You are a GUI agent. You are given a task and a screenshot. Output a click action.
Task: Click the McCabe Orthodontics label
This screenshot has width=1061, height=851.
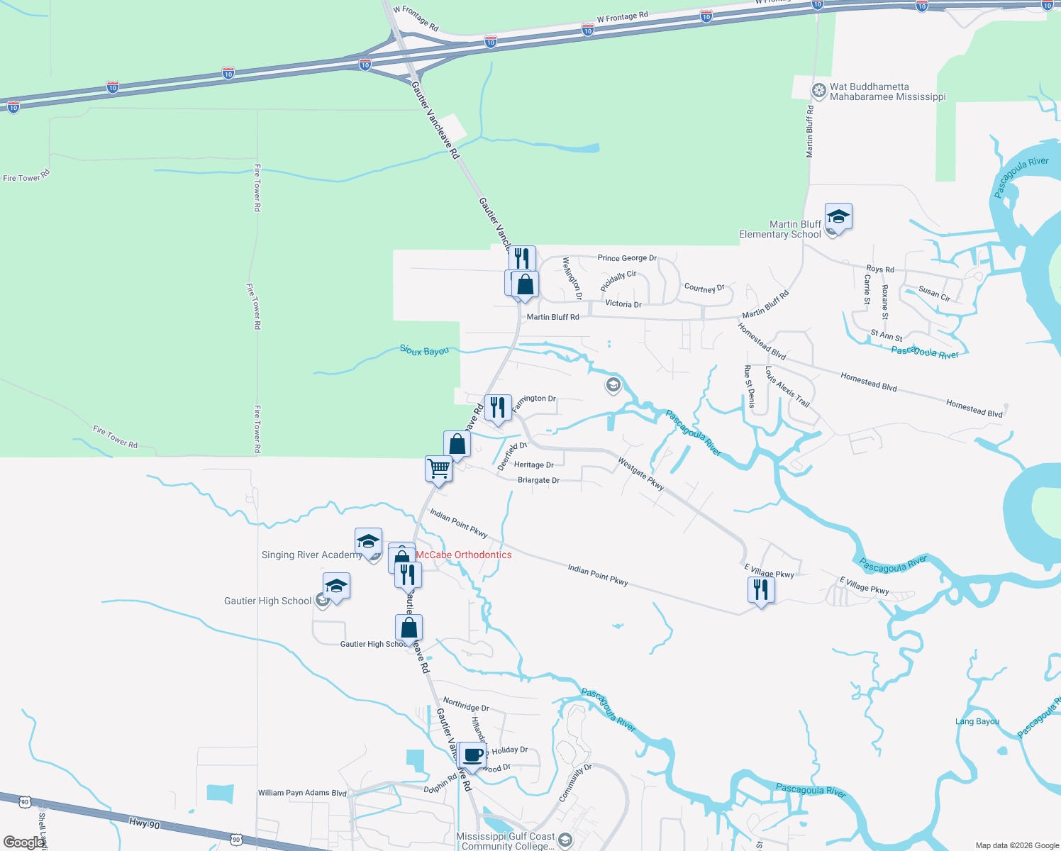point(463,555)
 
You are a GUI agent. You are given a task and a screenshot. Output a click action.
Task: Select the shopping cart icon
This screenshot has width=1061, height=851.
point(439,469)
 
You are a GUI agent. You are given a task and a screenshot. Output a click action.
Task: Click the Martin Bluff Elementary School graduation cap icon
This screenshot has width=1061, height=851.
point(838,217)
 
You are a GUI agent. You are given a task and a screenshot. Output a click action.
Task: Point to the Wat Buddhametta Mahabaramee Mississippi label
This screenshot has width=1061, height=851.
point(887,92)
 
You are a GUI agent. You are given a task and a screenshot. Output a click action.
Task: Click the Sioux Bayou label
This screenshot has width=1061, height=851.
point(424,350)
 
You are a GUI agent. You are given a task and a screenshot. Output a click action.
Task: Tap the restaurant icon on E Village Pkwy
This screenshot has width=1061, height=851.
point(761,590)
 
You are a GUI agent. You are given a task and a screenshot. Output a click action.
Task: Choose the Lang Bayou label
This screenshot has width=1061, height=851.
point(977,722)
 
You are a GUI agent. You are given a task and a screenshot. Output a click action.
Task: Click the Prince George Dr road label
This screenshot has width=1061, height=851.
point(627,258)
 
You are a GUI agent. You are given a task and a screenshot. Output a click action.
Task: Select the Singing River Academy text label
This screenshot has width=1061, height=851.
point(311,555)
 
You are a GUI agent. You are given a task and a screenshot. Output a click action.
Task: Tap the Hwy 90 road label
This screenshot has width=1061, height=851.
point(145,823)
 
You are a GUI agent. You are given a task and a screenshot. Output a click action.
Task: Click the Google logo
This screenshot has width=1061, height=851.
point(24,842)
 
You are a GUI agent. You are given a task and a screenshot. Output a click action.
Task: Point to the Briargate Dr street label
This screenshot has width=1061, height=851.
point(538,480)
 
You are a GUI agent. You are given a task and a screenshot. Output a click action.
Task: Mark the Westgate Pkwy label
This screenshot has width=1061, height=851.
point(640,474)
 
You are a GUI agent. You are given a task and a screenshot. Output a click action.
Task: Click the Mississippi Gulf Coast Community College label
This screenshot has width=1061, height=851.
point(506,841)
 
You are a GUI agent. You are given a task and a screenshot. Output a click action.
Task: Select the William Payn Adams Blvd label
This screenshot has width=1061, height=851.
point(302,793)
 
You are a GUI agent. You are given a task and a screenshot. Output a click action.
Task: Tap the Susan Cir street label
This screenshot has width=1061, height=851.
point(934,294)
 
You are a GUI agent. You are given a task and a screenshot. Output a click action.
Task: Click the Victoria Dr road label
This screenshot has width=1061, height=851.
point(623,304)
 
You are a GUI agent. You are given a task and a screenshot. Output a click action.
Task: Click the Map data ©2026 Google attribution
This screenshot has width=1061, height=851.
point(1017,845)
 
